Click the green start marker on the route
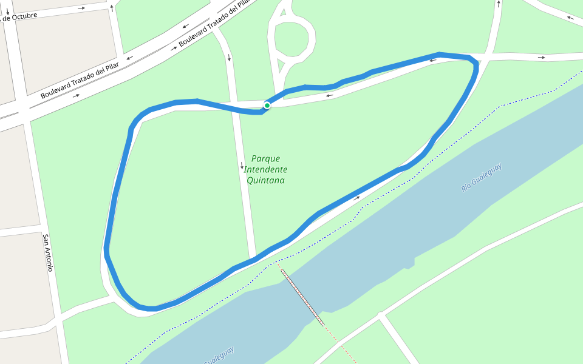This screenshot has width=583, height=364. (x=267, y=105)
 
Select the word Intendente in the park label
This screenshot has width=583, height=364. (x=265, y=170)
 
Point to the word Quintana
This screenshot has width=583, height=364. (x=265, y=180)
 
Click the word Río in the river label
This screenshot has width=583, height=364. (x=466, y=187)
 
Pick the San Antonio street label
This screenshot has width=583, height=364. (x=48, y=252)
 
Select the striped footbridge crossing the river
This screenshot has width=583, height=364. (x=302, y=297)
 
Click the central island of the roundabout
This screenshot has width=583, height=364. (x=295, y=39)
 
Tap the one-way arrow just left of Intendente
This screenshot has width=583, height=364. (x=242, y=166)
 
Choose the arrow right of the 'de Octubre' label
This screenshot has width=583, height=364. (x=81, y=8)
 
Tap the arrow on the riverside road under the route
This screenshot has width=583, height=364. (x=357, y=198)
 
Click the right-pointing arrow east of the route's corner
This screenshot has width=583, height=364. (x=541, y=58)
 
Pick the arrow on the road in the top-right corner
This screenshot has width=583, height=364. (x=570, y=18)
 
